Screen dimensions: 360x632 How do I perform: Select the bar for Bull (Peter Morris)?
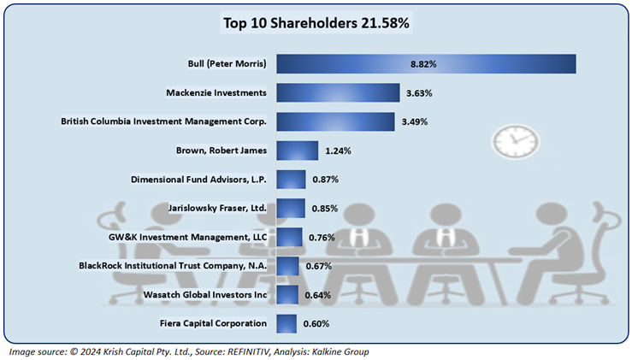point(426,64)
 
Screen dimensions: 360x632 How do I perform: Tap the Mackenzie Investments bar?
point(338,92)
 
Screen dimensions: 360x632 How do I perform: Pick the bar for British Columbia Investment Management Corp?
point(335,121)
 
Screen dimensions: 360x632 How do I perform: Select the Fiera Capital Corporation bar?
point(286,323)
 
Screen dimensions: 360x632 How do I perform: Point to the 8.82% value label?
point(424,64)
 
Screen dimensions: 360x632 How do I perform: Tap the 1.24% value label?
point(339,150)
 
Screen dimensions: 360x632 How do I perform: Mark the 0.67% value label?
point(318,266)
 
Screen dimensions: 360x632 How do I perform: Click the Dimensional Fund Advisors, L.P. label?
point(198,180)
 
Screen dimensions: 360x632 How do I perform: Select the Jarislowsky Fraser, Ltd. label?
point(216,209)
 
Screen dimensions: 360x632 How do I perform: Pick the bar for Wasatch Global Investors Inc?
point(287,295)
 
